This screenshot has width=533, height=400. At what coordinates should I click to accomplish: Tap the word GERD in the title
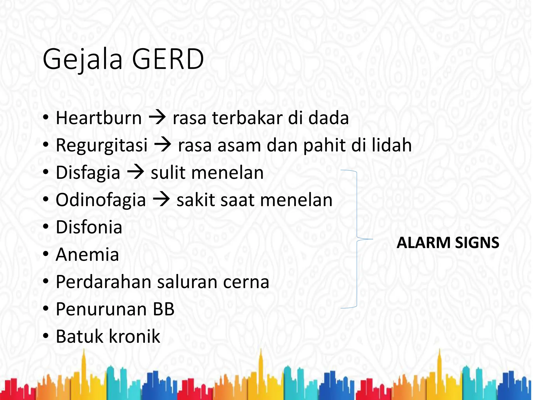tap(168, 59)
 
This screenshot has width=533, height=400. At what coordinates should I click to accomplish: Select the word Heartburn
tap(99, 118)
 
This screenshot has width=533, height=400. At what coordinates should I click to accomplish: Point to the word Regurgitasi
tap(101, 145)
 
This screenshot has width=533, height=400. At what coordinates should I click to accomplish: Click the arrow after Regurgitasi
tap(163, 145)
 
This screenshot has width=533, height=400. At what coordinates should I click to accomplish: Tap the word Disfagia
tap(88, 173)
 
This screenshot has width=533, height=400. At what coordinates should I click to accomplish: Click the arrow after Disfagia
tap(136, 172)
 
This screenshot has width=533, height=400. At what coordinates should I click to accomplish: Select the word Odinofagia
tap(101, 200)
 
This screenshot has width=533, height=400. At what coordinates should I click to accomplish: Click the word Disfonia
tap(89, 227)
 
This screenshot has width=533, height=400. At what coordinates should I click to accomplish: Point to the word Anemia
tap(87, 254)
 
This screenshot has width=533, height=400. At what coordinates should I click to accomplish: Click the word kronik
tap(134, 336)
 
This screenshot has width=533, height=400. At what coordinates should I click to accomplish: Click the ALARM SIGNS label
tap(448, 243)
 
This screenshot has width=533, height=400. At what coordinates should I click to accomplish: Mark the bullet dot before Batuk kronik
tap(46, 336)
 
